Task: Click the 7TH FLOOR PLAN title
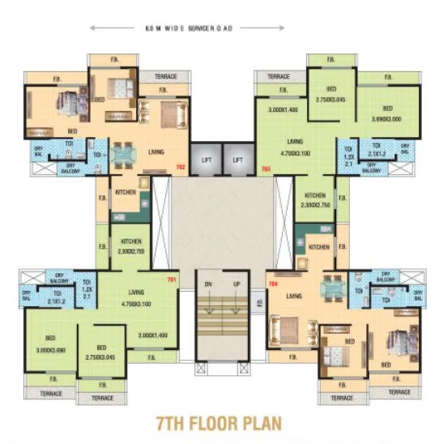click(219, 423)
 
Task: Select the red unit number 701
click(171, 280)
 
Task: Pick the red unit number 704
click(272, 284)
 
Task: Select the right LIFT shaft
click(237, 160)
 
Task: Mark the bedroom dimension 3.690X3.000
click(388, 118)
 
